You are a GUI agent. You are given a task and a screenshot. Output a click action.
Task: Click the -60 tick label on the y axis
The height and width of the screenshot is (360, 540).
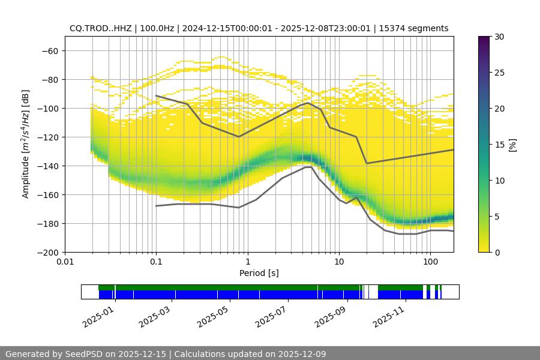tap(49, 50)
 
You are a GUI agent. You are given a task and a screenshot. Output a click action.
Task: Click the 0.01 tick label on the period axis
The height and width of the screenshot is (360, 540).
tap(65, 262)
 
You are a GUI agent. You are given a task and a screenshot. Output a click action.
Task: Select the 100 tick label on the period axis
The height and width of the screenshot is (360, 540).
tap(430, 262)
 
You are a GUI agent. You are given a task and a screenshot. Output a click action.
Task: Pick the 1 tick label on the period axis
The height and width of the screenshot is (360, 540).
tap(247, 262)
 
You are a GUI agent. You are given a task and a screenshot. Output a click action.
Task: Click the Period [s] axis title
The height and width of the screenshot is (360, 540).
tap(259, 273)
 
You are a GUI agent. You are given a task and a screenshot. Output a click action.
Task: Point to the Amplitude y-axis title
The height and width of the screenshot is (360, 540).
tap(26, 144)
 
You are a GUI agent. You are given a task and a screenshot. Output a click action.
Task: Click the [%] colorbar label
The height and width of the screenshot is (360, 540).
tap(512, 145)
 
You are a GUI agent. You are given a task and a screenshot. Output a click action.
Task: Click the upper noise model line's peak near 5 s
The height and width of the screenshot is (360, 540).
tap(308, 103)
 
